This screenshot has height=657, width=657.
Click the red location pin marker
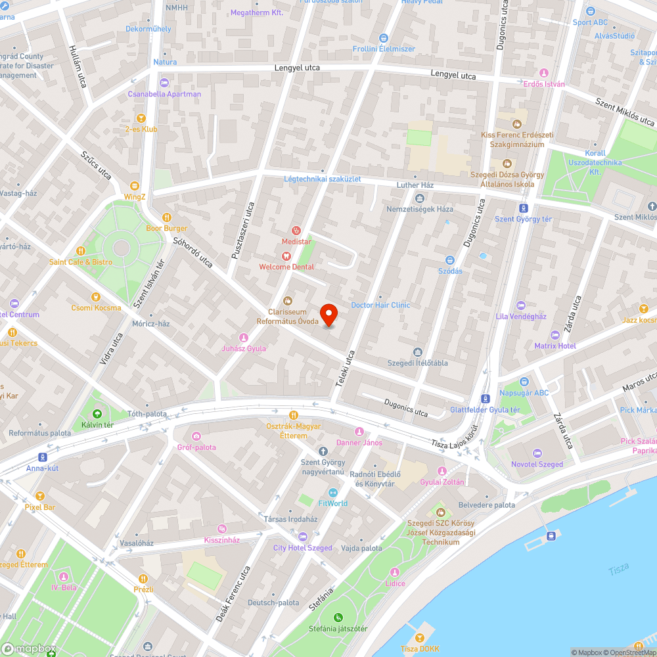click(x=328, y=315)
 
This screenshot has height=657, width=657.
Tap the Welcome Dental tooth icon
click(x=286, y=256)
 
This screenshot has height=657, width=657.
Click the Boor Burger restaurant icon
click(x=166, y=217)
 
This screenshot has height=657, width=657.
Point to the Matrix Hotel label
click(x=555, y=346)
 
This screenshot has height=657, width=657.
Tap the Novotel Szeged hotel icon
click(x=537, y=453)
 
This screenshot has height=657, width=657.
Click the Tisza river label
click(x=618, y=569)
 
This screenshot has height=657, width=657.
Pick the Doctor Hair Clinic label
click(x=380, y=305)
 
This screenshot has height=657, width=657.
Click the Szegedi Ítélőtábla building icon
click(x=417, y=352)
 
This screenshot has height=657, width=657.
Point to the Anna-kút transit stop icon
click(x=43, y=457)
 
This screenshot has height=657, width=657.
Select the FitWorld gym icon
click(x=332, y=492)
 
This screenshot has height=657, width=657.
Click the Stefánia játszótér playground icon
click(x=338, y=617)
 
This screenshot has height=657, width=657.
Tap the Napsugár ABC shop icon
click(x=524, y=382)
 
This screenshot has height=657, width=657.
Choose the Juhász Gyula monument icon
click(x=244, y=338)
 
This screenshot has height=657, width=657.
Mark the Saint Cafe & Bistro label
click(x=80, y=262)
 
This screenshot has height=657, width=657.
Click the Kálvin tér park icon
click(x=97, y=414)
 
